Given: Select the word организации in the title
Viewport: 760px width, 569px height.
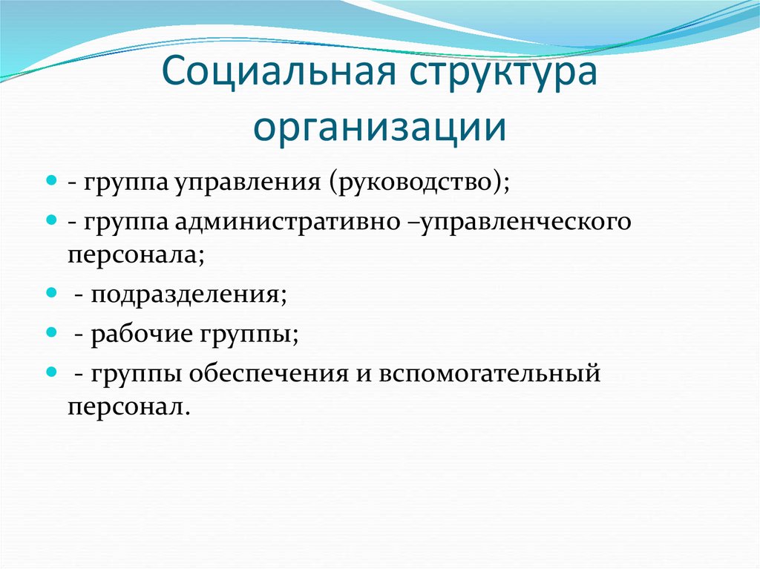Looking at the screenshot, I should click(x=380, y=128).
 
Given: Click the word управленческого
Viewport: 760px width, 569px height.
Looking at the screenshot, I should click(x=520, y=222).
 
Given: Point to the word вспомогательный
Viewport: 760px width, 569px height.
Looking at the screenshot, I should click(x=491, y=375).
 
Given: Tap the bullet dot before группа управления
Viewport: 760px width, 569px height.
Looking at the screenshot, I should click(x=52, y=180).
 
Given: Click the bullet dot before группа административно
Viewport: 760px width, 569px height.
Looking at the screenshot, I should click(x=52, y=220).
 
